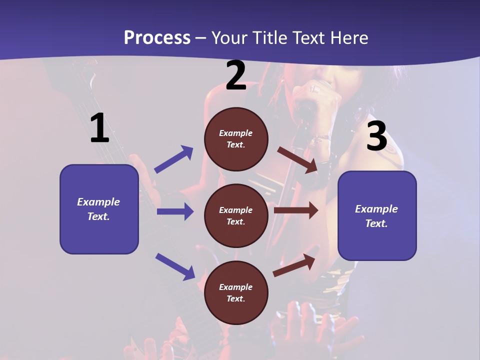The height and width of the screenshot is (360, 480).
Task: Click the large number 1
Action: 99,128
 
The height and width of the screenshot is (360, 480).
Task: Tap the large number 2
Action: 235,76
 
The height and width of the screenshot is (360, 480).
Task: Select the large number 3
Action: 376,136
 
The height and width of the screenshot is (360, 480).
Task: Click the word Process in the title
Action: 157,37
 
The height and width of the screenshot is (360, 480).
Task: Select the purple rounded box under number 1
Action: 99,209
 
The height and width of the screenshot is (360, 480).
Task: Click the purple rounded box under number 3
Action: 377,216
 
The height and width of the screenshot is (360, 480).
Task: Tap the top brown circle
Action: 236,139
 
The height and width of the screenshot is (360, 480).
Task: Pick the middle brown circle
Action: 236,215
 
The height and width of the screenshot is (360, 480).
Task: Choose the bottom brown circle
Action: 236,292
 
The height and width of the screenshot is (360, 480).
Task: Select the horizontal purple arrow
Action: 175,211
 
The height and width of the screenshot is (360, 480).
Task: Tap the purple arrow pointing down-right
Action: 175,266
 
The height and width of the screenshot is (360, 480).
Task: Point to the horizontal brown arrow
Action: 296,210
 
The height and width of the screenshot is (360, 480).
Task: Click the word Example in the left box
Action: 98,202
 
